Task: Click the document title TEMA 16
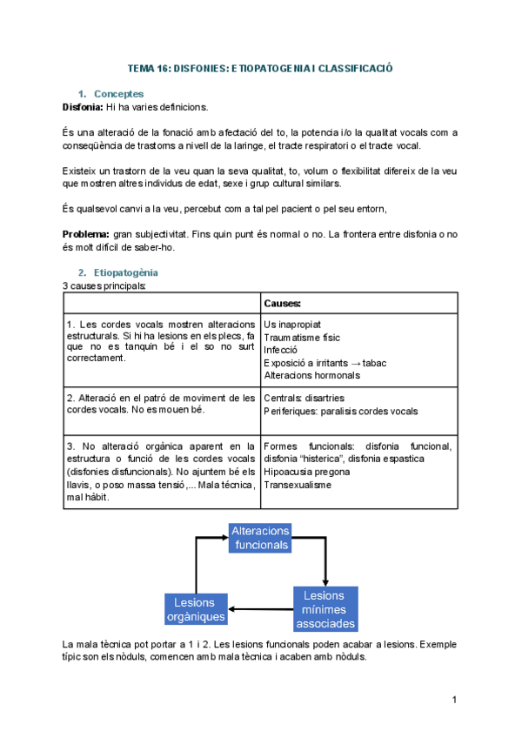click(260, 68)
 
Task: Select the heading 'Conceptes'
click(118, 94)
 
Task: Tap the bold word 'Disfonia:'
click(83, 107)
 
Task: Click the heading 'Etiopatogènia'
click(128, 272)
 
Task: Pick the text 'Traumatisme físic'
click(302, 338)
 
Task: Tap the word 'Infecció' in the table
click(281, 350)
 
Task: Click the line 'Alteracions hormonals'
click(311, 375)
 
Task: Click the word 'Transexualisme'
click(297, 485)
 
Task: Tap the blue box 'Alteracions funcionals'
click(260, 538)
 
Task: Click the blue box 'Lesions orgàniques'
click(196, 609)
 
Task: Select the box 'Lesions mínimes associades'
click(325, 609)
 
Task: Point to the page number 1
click(454, 700)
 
